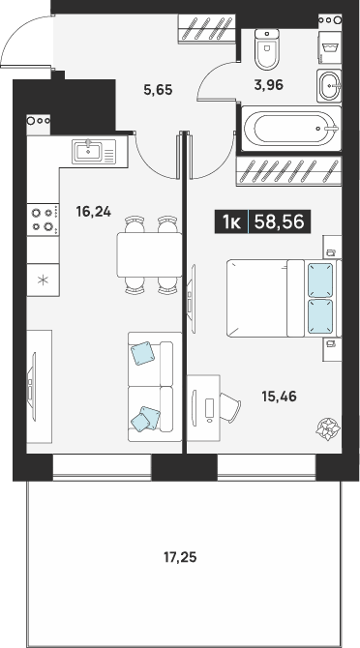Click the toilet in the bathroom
[x=266, y=48]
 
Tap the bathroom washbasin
[x=329, y=85]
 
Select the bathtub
[x=291, y=129]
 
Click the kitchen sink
[x=94, y=152]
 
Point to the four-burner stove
[x=43, y=220]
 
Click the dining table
[x=149, y=254]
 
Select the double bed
[x=284, y=298]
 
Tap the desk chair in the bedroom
[x=230, y=407]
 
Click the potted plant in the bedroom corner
[x=328, y=428]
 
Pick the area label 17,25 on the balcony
[x=180, y=558]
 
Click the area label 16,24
[x=94, y=212]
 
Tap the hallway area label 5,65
[x=158, y=89]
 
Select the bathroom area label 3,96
[x=269, y=85]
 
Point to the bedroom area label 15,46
[x=279, y=397]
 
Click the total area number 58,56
[x=280, y=221]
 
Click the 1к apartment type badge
[x=231, y=222]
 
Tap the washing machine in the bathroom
[x=330, y=47]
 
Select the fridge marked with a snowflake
[x=43, y=280]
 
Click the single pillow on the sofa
[x=142, y=353]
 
